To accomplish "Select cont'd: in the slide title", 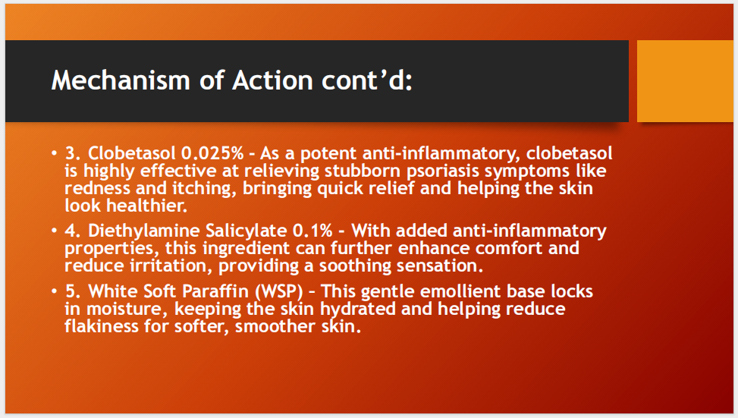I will point(372,80).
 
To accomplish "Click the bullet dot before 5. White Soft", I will point(54,291).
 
